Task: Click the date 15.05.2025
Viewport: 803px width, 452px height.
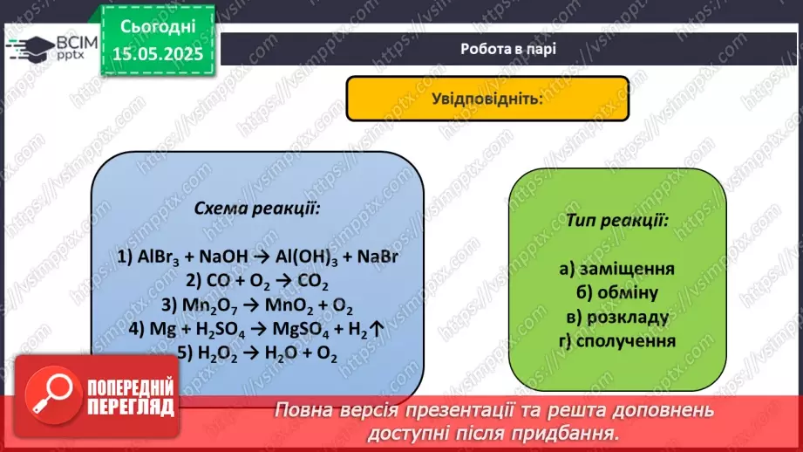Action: (x=159, y=53)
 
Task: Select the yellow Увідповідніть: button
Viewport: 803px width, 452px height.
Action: (x=487, y=98)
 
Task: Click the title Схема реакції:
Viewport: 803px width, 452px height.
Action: (x=256, y=209)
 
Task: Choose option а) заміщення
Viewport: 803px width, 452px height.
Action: (x=617, y=270)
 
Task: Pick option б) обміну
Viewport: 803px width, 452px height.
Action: (x=617, y=293)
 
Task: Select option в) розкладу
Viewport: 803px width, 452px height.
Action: (x=617, y=317)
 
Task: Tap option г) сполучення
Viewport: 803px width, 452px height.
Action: (x=617, y=340)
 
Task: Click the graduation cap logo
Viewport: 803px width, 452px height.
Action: (x=29, y=47)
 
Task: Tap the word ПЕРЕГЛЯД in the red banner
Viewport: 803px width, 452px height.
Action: (x=132, y=407)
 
